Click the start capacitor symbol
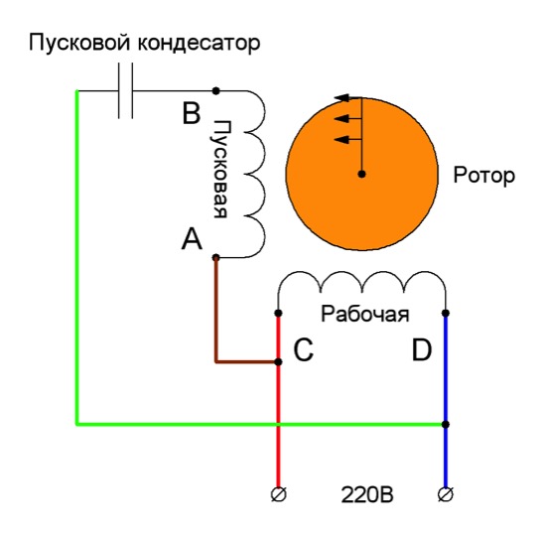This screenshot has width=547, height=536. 126,91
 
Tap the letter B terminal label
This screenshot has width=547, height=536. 192,113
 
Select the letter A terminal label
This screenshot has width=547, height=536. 192,238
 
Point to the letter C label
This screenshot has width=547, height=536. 304,349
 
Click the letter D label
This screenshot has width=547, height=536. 422,349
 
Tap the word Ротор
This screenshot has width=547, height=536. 483,176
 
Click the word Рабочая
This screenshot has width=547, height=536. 364,314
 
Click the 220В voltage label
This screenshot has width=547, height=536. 367,495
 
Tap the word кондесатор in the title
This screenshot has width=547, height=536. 199,44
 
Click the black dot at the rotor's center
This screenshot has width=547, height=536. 361,174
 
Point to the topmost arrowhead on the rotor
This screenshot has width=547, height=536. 342,98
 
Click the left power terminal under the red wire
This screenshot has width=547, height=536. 279,494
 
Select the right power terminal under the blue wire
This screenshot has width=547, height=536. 446,494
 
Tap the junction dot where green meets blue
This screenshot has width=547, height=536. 446,425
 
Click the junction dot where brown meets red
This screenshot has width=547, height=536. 278,362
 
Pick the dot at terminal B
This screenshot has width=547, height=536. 216,91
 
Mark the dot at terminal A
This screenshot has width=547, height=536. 216,258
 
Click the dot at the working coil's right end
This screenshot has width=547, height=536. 446,313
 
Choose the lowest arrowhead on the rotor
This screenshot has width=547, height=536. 342,140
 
